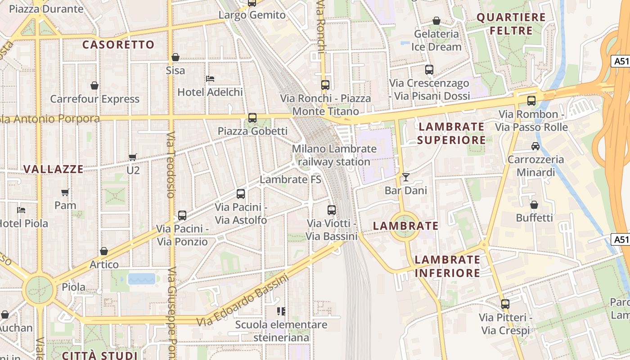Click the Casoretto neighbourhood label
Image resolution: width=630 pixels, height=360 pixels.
pos(118,45)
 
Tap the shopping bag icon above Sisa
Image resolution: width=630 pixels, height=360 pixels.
pos(175,57)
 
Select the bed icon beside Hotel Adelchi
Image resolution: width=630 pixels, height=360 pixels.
pos(210,79)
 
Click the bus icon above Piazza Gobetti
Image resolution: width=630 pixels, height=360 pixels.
pos(252,118)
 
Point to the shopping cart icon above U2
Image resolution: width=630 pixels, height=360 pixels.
pos(133,157)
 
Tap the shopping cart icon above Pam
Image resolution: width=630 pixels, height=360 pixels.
pos(65,192)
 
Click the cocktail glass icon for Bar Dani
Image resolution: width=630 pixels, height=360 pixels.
pos(406,177)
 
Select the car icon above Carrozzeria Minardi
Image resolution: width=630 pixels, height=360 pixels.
pos(535,146)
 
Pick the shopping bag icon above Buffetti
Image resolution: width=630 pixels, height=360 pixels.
pos(534,205)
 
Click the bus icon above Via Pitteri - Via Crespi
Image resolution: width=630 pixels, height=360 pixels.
pos(505,304)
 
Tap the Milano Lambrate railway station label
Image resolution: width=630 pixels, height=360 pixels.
pos(334,155)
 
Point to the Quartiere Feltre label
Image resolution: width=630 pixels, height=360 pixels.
pos(511,24)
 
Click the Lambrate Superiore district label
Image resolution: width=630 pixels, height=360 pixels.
pos(451,133)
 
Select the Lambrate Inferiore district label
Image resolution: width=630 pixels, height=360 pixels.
pos(447,266)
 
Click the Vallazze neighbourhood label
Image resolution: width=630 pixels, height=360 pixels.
pos(54,169)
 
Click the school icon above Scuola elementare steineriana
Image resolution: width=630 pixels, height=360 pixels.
pos(281,311)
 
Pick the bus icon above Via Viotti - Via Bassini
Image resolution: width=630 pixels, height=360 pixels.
pos(332,210)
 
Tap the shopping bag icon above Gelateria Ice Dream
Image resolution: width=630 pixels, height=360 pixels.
pos(436,21)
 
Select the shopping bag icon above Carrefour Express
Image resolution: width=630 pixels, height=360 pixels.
pos(94,85)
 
